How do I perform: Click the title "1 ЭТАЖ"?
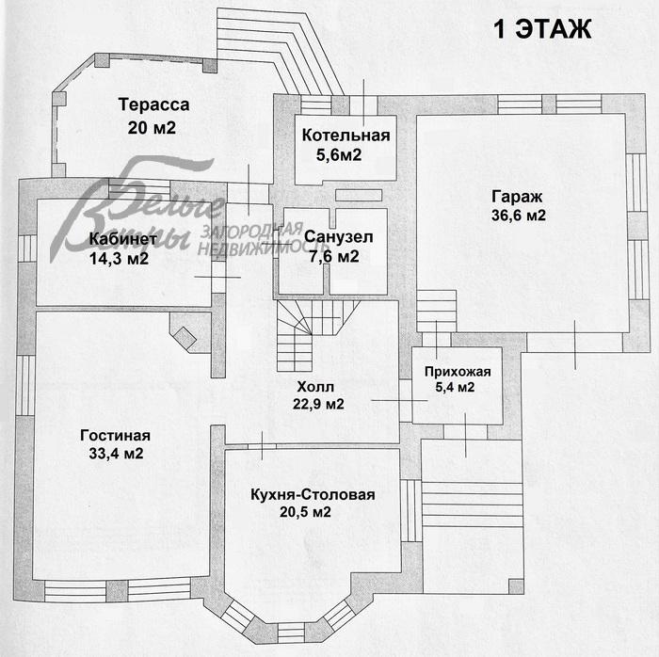click(x=542, y=28)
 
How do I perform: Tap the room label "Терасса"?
click(x=153, y=104)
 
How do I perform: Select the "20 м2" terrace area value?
click(x=152, y=128)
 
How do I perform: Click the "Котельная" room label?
click(x=346, y=136)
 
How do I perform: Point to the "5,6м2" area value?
click(x=339, y=155)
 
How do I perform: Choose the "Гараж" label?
click(x=518, y=197)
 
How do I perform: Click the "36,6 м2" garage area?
click(x=519, y=216)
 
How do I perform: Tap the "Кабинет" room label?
click(x=122, y=239)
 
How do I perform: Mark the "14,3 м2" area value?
click(x=119, y=258)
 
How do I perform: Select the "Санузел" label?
click(x=338, y=237)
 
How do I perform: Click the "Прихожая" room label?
click(x=458, y=372)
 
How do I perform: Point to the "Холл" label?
click(x=315, y=387)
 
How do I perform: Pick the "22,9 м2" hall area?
click(x=318, y=404)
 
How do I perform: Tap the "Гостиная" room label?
click(x=115, y=436)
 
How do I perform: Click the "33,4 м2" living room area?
click(x=116, y=454)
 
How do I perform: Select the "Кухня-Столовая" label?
click(x=313, y=494)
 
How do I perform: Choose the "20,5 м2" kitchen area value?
click(x=306, y=512)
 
